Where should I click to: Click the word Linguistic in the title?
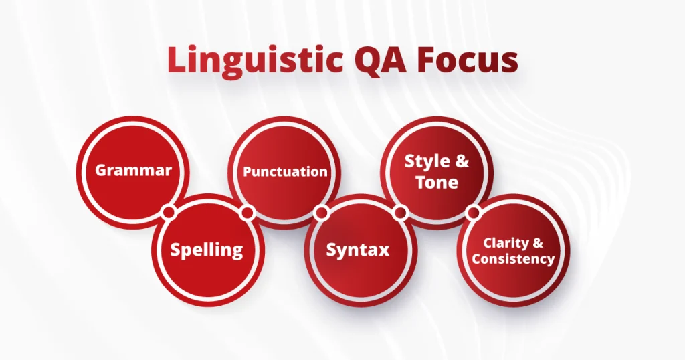[x=255, y=60]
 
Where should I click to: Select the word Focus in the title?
[x=468, y=60]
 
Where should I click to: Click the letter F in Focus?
[x=426, y=60]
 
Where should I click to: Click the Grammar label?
[x=133, y=170]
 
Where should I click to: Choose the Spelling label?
[x=206, y=250]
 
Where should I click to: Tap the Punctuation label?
[x=285, y=171]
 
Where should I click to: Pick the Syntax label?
[x=357, y=250]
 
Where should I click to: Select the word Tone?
[x=437, y=182]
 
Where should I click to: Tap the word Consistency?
[x=513, y=259]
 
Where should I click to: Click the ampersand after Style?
[x=462, y=161]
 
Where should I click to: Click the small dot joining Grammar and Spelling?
[x=168, y=213]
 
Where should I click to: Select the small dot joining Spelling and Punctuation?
[x=247, y=213]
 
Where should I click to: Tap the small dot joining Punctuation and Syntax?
[x=321, y=213]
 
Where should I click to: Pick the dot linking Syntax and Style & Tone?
[x=400, y=213]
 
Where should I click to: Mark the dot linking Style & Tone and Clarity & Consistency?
[x=473, y=213]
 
